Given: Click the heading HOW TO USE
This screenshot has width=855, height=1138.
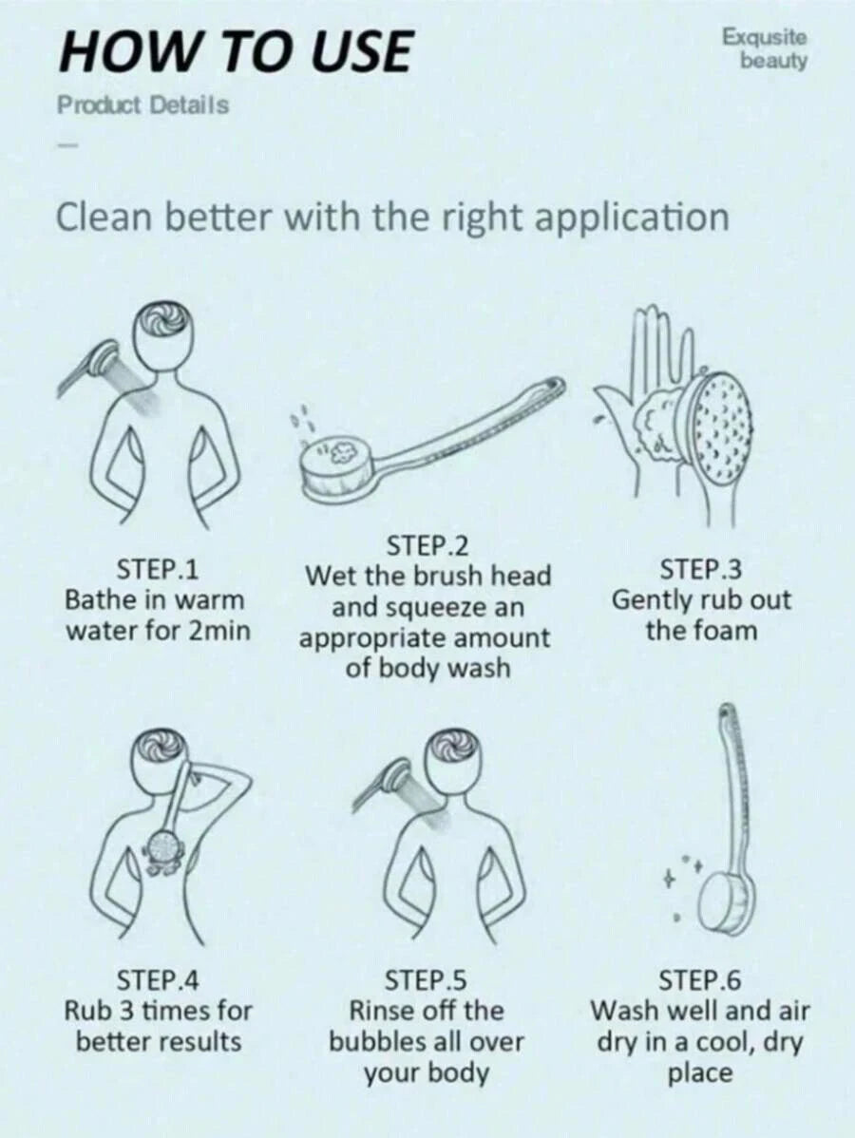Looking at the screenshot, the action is point(236,51).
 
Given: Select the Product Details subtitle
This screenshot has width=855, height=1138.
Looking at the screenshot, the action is point(143,105).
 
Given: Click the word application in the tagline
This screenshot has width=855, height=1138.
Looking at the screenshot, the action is point(632,218).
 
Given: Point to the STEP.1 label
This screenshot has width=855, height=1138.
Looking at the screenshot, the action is point(159,570).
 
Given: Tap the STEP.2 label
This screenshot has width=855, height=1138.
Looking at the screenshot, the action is point(427,544).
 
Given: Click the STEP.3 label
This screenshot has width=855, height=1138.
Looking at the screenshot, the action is point(701,570).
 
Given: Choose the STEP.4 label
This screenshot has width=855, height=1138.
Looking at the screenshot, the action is point(159,980).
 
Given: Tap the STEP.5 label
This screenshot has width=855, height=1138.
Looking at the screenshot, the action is point(426,980).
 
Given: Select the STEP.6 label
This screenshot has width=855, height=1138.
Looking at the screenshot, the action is point(700,980).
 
